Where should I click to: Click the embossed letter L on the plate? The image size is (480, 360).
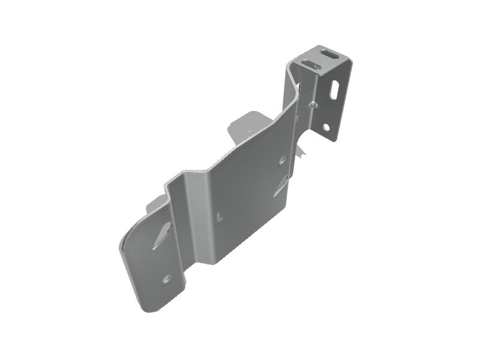pos(221,217)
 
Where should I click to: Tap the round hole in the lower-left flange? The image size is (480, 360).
pos(167,278)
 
